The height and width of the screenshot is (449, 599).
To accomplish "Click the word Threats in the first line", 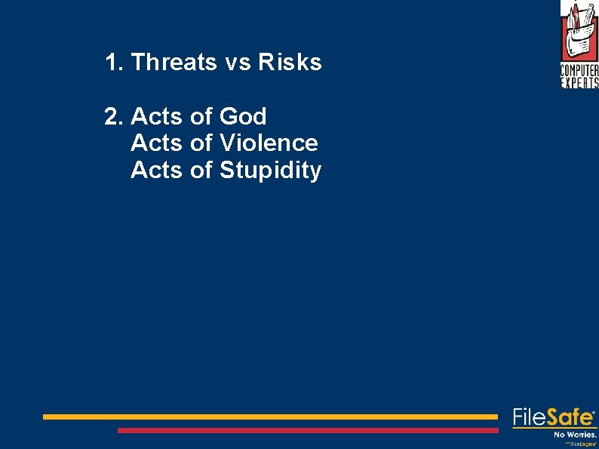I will click(x=174, y=63).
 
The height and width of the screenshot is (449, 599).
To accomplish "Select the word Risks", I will click(x=290, y=63).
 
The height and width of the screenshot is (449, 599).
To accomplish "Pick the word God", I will click(x=243, y=117).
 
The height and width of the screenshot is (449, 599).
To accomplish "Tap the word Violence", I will click(x=269, y=143).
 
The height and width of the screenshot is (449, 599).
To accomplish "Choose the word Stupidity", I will click(x=270, y=171).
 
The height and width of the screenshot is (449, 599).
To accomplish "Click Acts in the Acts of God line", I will click(x=156, y=117).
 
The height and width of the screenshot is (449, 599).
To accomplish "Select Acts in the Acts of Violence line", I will click(x=156, y=143).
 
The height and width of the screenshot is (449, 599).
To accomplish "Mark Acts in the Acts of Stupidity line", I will click(x=156, y=171).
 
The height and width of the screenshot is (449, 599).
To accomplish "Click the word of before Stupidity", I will click(x=201, y=171).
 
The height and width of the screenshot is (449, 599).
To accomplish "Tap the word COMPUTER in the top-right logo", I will click(x=579, y=71).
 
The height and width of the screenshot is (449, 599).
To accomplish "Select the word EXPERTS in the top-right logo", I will click(x=579, y=83).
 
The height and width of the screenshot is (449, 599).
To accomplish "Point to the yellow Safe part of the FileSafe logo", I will click(x=570, y=417).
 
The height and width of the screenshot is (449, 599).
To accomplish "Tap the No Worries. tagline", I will click(x=575, y=435).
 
